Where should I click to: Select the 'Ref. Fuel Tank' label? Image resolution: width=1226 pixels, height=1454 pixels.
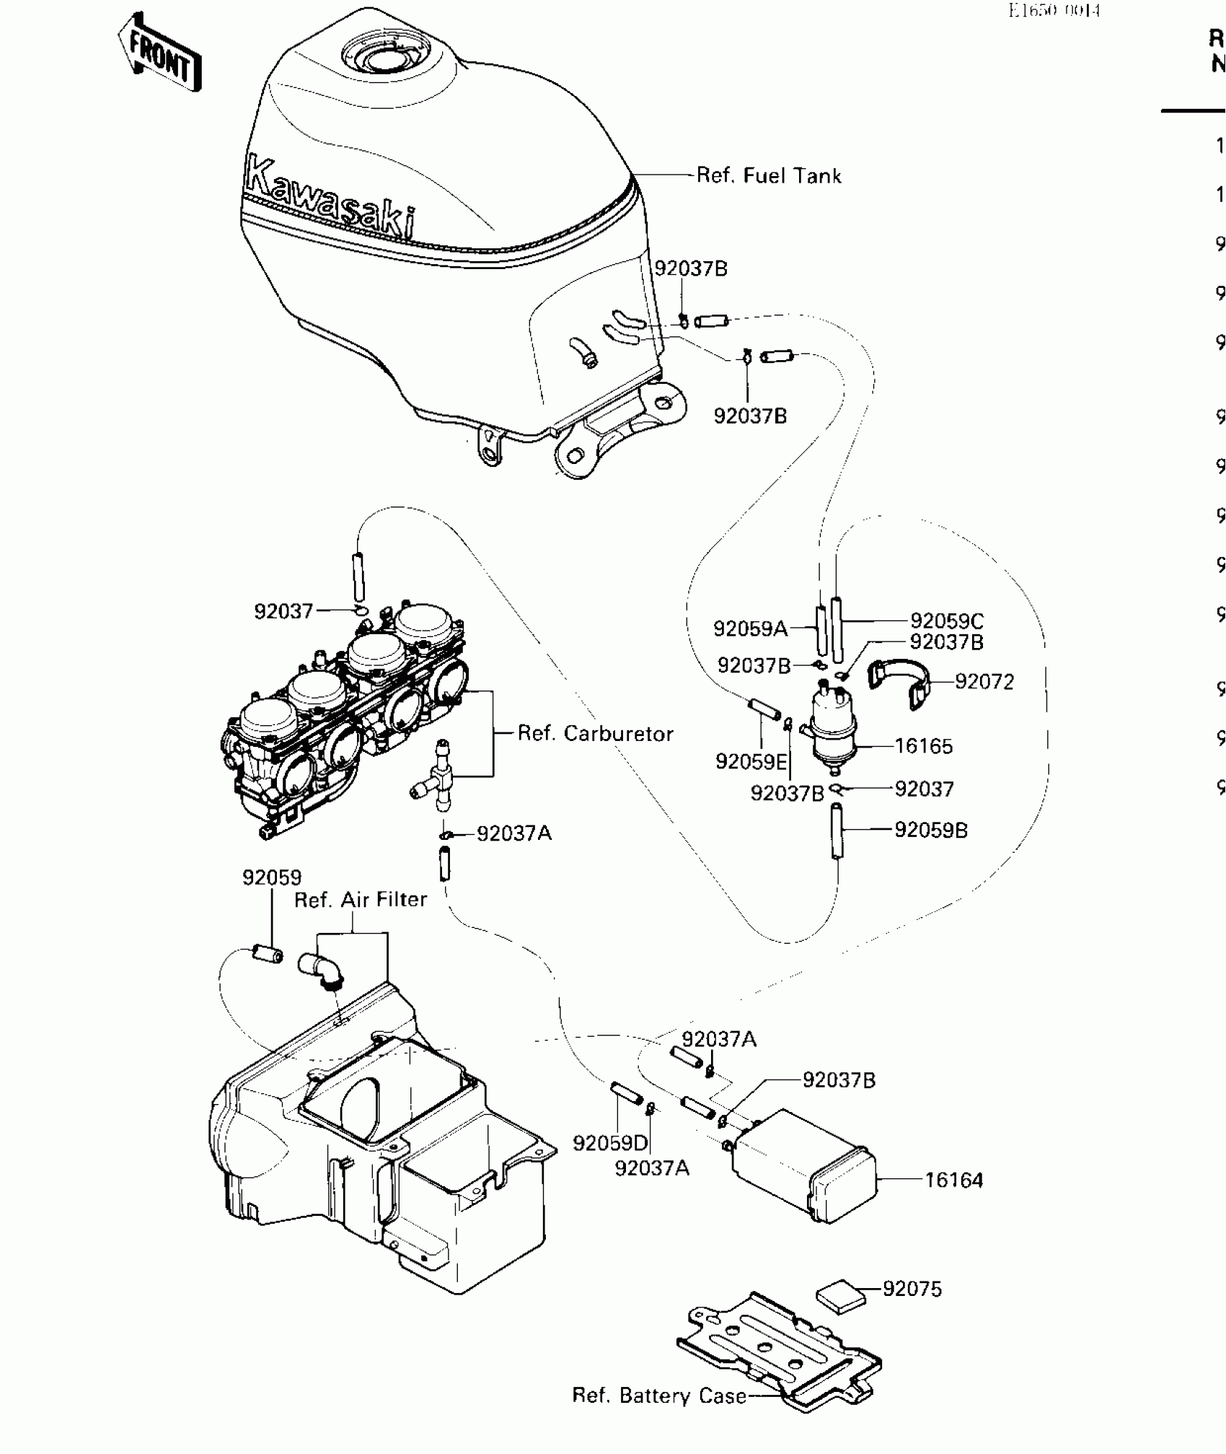(769, 175)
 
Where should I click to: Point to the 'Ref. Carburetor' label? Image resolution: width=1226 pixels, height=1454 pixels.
(595, 733)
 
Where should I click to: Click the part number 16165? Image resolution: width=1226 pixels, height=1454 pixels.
(924, 746)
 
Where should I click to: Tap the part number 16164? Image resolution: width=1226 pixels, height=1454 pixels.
(953, 1180)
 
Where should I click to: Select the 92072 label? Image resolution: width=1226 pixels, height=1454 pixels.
(984, 682)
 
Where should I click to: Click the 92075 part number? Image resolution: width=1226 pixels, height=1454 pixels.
(912, 1289)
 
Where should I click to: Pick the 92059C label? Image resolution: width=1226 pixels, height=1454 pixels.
(946, 621)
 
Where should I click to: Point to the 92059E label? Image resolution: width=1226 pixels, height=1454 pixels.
(751, 761)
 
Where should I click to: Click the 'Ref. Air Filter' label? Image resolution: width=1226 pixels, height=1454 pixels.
(360, 899)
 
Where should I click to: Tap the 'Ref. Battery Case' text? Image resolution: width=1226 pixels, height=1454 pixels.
(659, 1396)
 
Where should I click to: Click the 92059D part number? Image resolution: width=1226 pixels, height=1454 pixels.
(610, 1143)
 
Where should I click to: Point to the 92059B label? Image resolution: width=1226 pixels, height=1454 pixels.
(930, 830)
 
